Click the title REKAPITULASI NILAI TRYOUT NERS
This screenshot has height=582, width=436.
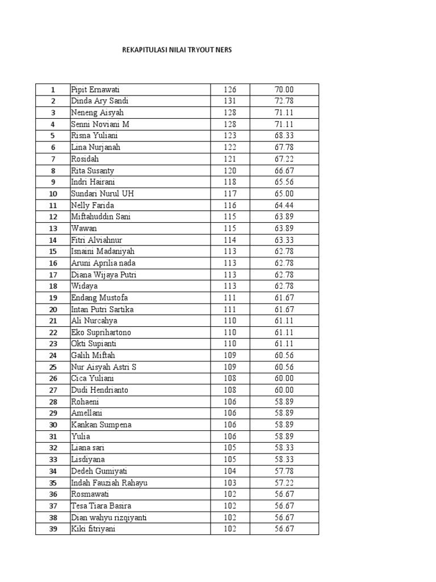177,50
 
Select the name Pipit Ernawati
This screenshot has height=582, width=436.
95,90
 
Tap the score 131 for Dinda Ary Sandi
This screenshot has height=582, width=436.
230,101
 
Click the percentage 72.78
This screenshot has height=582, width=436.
284,101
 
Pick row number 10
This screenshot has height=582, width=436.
53,194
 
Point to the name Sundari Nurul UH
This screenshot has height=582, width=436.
102,194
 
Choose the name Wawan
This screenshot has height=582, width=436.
84,228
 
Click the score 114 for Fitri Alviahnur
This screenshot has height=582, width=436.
230,240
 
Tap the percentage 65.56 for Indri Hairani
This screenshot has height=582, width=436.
284,182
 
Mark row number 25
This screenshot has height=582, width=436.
53,367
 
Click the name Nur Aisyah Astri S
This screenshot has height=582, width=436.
103,367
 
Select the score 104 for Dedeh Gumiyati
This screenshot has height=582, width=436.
230,471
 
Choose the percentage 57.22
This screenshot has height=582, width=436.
284,483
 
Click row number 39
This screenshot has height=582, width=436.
53,529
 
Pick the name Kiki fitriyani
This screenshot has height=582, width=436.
93,529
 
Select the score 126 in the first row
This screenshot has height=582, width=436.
230,90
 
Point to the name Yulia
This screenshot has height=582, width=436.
81,436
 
